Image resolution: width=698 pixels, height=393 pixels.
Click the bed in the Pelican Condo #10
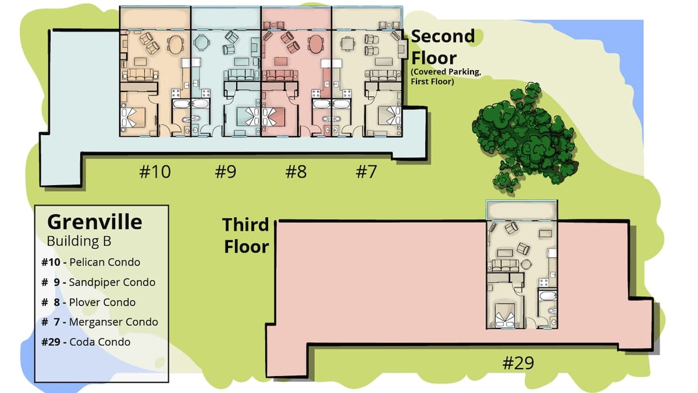point(133,117)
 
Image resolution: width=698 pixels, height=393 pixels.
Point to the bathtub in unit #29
point(547,295)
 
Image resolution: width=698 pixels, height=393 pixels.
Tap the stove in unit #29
point(544,282)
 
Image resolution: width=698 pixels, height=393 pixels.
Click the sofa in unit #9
point(241,75)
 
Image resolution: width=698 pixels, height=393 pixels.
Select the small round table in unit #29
point(526,264)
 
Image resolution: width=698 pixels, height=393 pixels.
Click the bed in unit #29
point(505,315)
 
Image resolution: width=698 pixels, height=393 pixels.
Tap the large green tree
point(526,136)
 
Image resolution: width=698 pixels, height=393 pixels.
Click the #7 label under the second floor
point(366,172)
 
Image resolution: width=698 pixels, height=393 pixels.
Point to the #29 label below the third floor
point(518,363)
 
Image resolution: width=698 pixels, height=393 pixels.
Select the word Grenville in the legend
point(95,222)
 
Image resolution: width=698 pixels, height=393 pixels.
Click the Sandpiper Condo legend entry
point(98,282)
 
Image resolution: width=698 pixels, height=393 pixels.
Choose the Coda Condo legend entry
point(86,342)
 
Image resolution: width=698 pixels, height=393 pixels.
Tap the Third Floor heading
point(246,235)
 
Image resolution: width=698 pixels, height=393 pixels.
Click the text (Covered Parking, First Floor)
point(446,77)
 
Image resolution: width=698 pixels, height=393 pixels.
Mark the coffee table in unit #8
point(281,61)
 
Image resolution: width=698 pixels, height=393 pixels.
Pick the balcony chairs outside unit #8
point(274,24)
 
